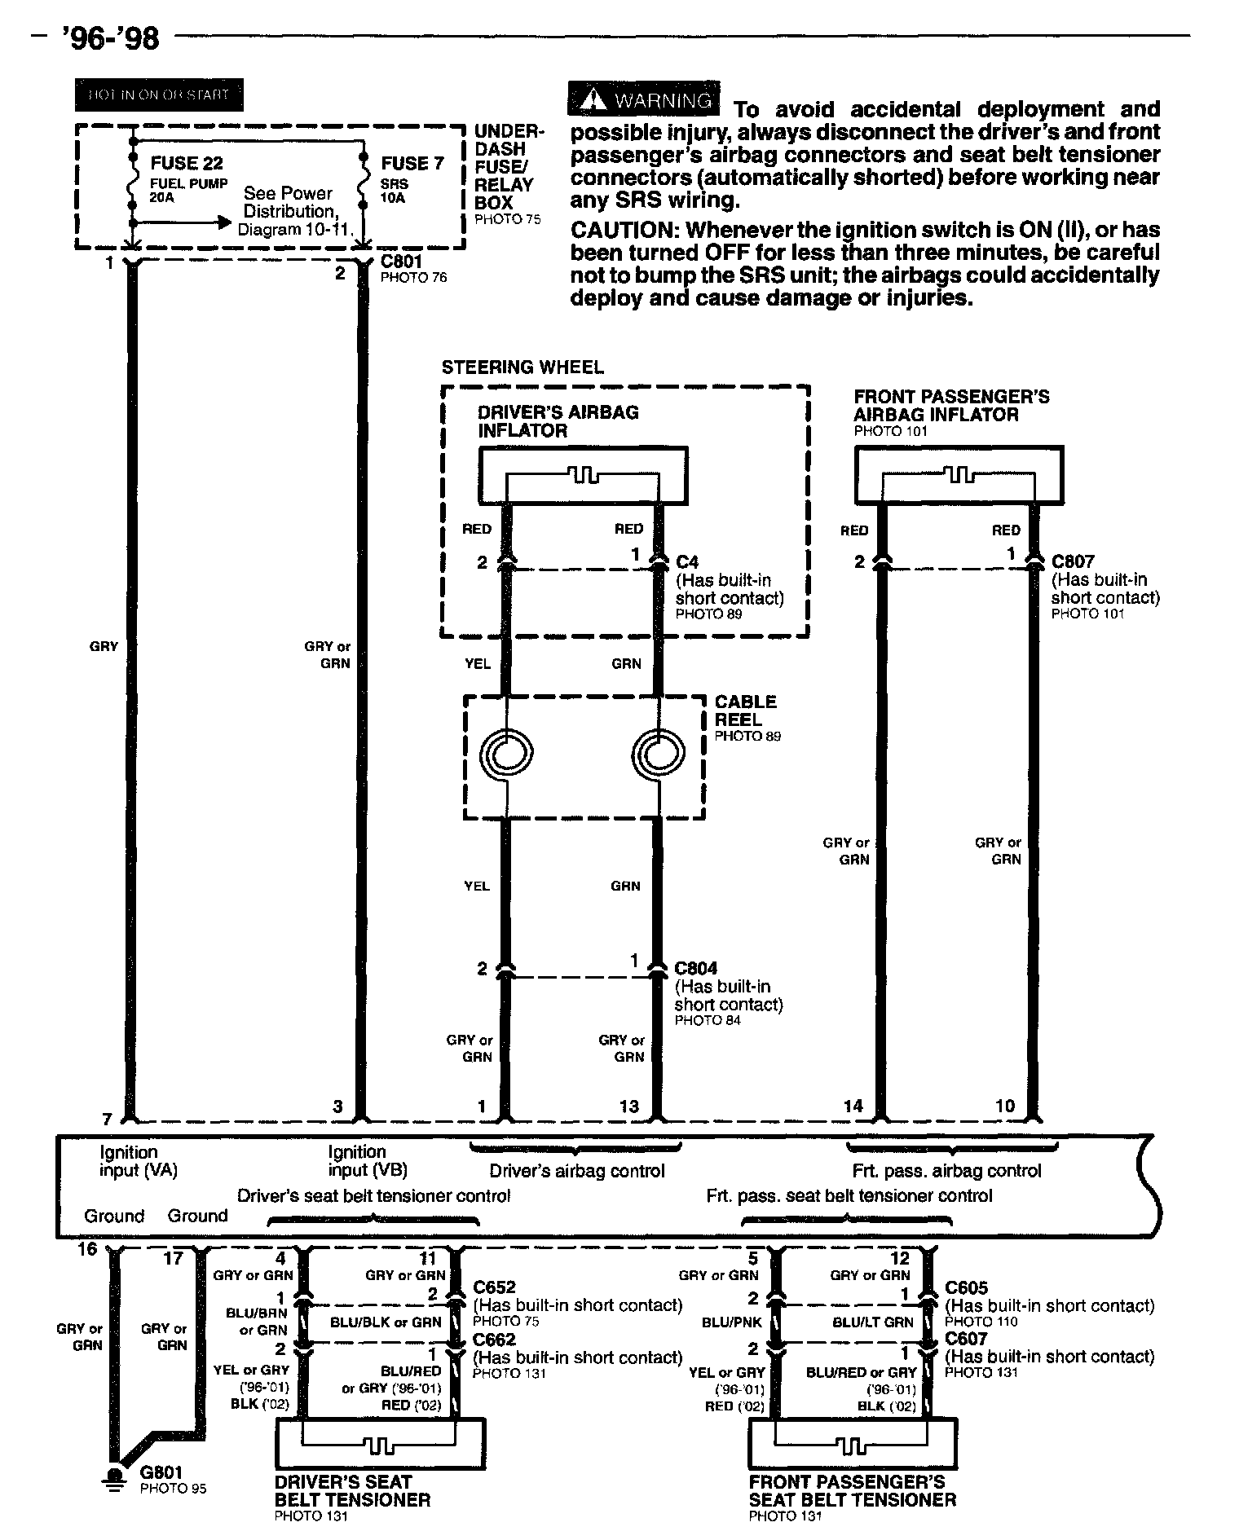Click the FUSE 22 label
pyautogui.click(x=187, y=164)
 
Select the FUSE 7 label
pyautogui.click(x=411, y=164)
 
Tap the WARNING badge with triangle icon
pyautogui.click(x=644, y=99)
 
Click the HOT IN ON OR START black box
pyautogui.click(x=159, y=95)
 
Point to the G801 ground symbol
pyautogui.click(x=115, y=1477)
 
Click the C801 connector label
pyautogui.click(x=401, y=262)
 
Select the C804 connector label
pyautogui.click(x=695, y=968)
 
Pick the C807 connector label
pyautogui.click(x=1073, y=561)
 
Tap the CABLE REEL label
pyautogui.click(x=745, y=711)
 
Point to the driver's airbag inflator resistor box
pyautogui.click(x=583, y=475)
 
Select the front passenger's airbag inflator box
pyautogui.click(x=959, y=475)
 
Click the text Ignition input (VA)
pyautogui.click(x=138, y=1161)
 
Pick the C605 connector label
pyautogui.click(x=966, y=1288)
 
